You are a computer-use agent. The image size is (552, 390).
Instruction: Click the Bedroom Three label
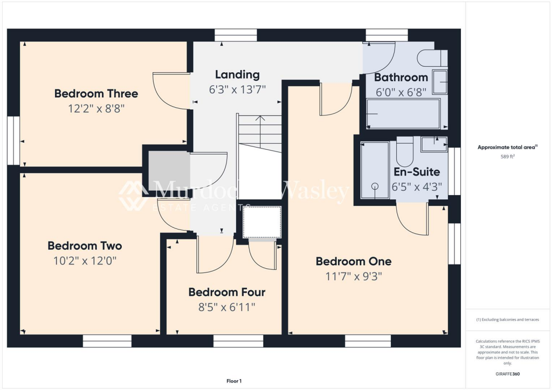96,94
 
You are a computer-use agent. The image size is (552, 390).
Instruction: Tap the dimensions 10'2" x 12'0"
85,261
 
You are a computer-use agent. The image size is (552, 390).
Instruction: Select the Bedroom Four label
226,292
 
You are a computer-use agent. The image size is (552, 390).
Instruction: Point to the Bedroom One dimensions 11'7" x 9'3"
353,276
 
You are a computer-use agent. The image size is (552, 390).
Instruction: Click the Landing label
237,75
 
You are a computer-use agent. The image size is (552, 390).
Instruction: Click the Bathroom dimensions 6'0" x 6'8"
401,92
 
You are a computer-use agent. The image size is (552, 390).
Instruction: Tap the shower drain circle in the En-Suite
375,186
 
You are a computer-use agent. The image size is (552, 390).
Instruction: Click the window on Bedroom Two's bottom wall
107,340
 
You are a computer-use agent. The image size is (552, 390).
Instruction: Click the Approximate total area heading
507,147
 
